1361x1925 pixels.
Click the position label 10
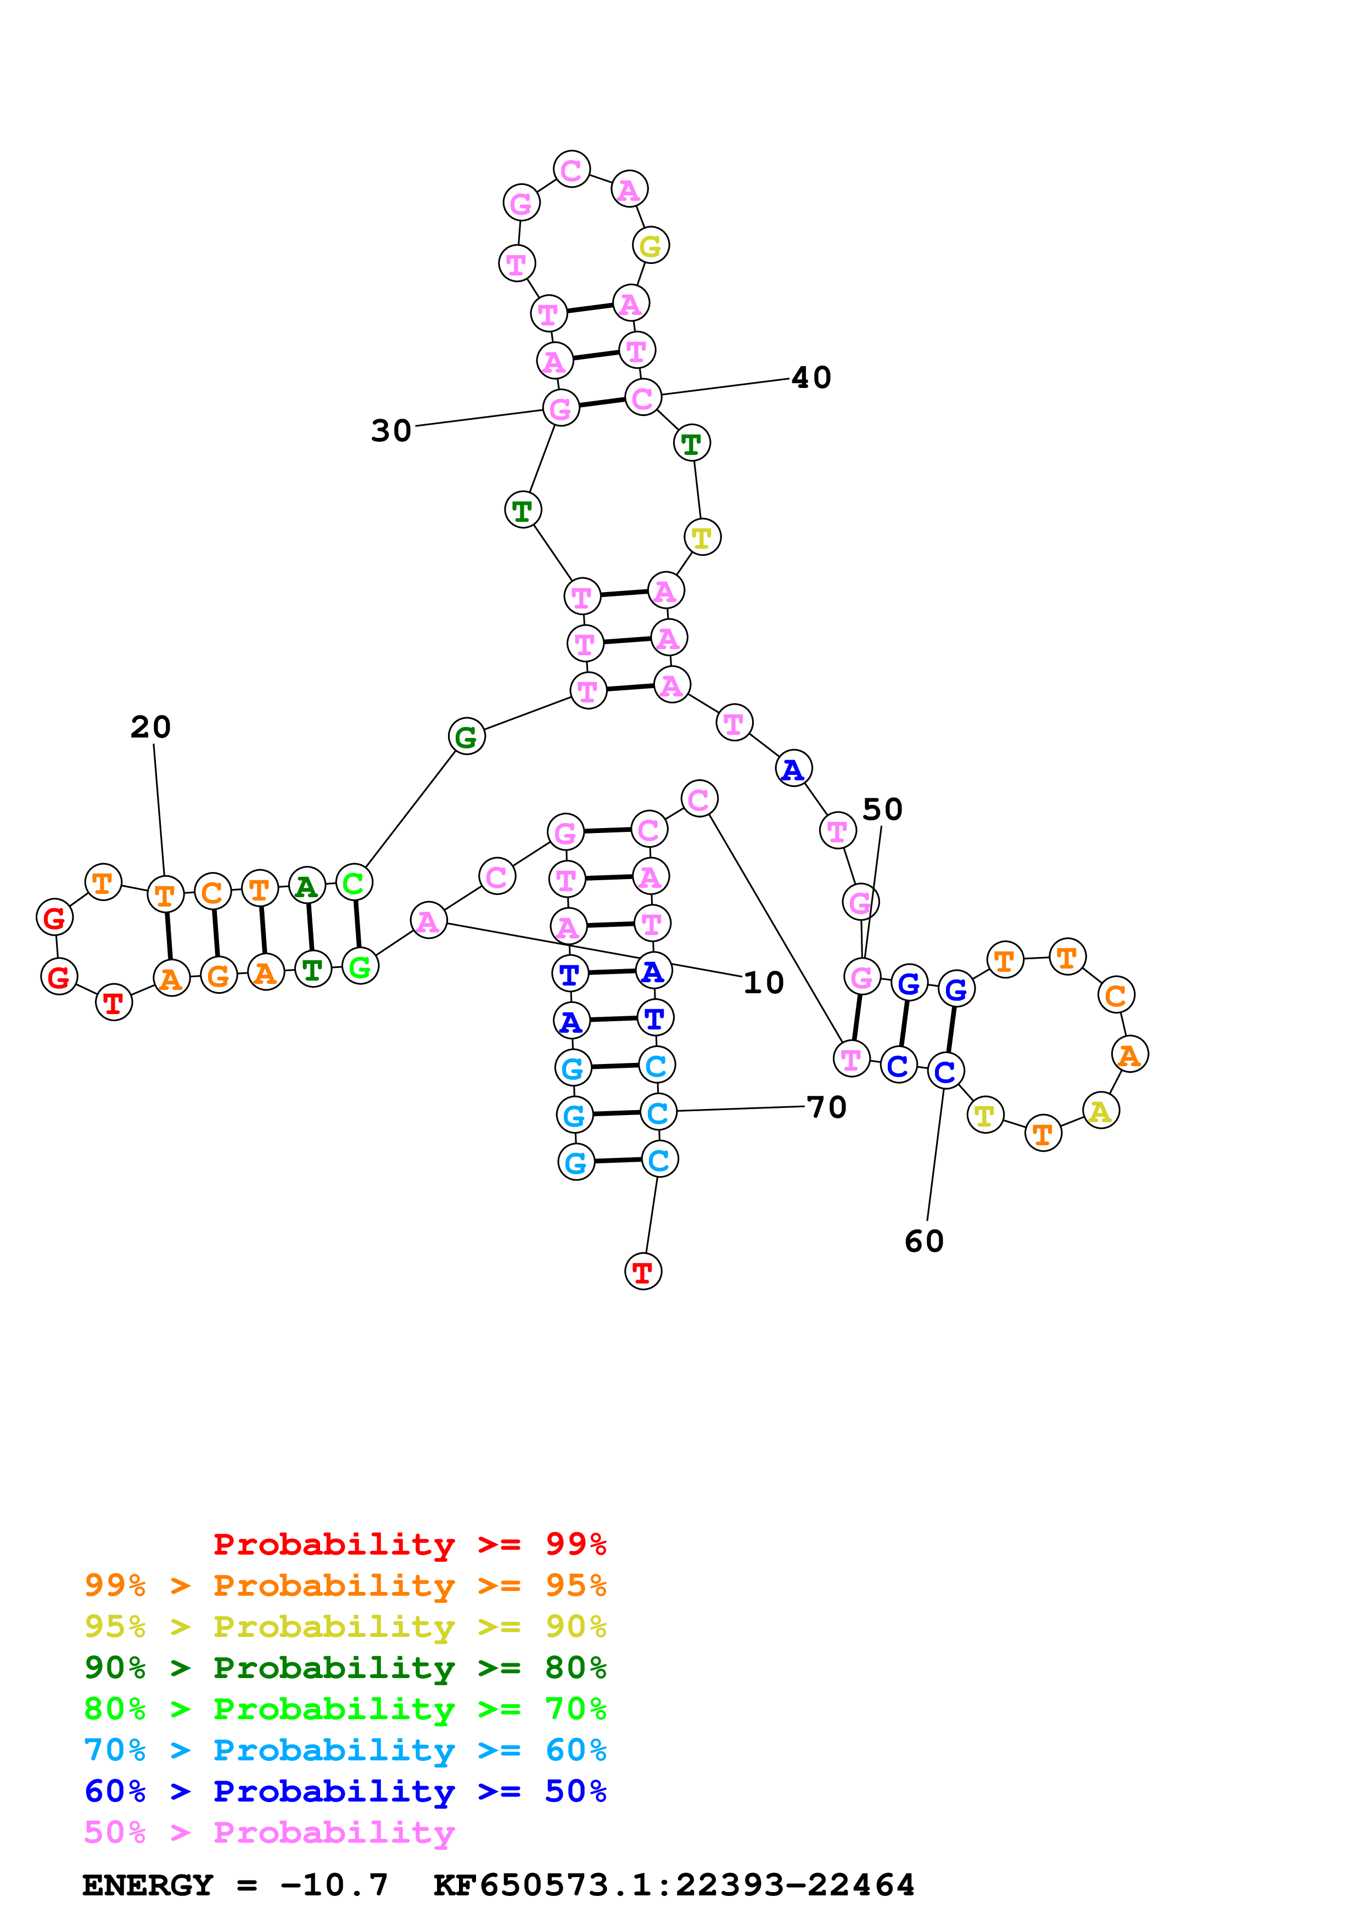tap(763, 983)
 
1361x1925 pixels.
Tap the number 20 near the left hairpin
tap(151, 727)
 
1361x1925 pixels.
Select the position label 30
tap(391, 431)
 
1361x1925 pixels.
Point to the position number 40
tap(811, 378)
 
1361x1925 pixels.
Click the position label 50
tap(882, 809)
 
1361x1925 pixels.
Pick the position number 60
tap(924, 1241)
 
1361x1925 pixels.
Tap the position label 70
tap(826, 1107)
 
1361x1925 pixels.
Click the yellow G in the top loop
tap(651, 246)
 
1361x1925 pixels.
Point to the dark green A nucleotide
tap(307, 886)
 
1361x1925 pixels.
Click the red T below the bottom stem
tap(643, 1272)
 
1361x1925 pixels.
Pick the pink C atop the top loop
tap(571, 170)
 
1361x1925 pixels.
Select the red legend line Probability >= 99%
tap(409, 1544)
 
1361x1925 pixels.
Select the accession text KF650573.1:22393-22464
tap(674, 1885)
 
